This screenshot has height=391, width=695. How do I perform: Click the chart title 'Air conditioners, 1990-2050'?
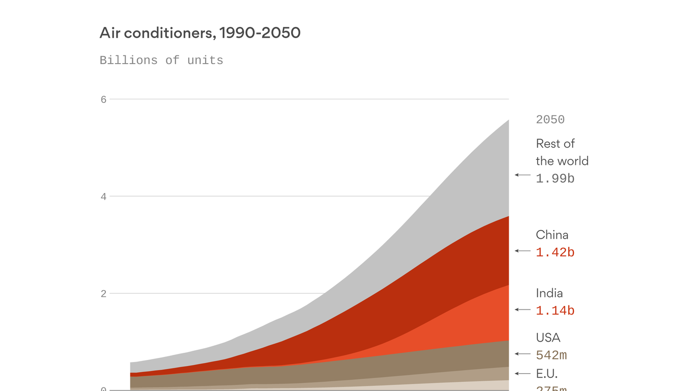click(x=200, y=33)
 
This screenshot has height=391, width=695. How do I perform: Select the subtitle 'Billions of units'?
click(x=161, y=60)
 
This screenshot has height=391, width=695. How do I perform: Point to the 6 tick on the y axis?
click(x=104, y=99)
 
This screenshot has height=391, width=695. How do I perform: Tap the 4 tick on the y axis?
click(x=104, y=197)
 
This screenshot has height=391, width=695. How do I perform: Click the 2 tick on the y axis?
click(x=104, y=294)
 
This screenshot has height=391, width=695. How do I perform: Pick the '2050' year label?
click(x=550, y=120)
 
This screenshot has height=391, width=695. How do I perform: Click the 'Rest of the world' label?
click(x=562, y=152)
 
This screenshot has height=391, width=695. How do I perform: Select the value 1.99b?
click(x=555, y=178)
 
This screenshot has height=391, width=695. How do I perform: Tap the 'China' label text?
click(x=552, y=235)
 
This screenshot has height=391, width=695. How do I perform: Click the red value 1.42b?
click(x=555, y=252)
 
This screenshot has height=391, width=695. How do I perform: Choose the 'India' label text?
click(x=549, y=293)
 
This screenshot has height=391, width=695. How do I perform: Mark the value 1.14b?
click(x=555, y=311)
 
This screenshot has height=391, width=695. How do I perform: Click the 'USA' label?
click(x=548, y=338)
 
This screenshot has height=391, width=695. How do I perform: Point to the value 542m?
click(x=551, y=355)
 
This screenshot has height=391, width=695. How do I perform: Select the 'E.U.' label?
click(x=546, y=374)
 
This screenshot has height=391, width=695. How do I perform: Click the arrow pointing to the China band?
click(x=523, y=251)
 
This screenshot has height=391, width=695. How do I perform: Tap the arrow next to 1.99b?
click(x=523, y=175)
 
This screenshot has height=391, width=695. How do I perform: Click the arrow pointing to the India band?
click(x=523, y=310)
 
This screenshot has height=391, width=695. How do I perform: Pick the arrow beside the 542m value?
click(x=523, y=354)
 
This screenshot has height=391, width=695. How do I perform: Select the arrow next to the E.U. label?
click(x=523, y=374)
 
